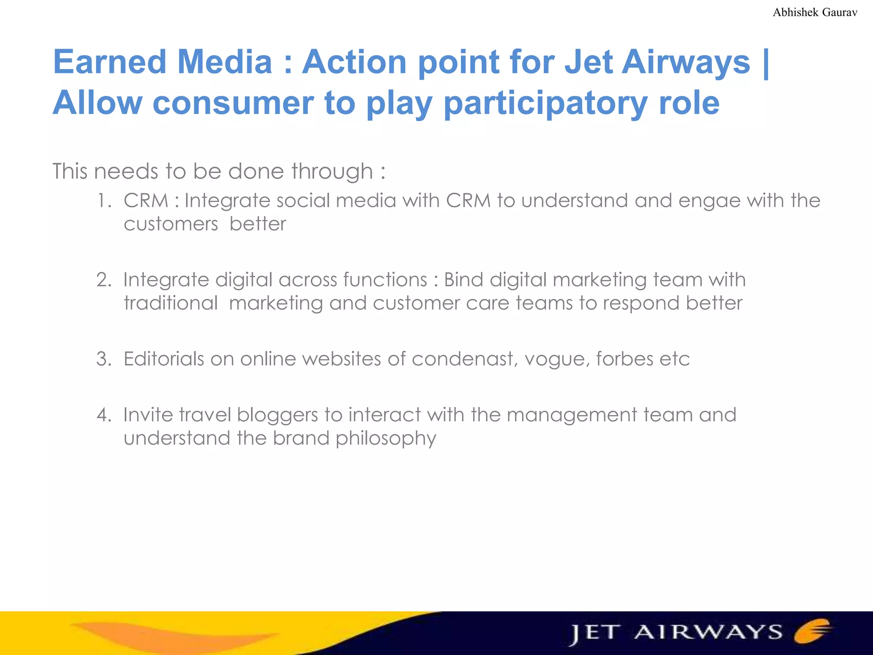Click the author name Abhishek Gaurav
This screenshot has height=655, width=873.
(815, 12)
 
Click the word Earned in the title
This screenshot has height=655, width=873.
(109, 62)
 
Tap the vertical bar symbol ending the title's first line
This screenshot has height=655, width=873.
(766, 63)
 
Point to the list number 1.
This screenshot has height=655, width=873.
(104, 201)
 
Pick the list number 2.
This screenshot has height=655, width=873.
(104, 280)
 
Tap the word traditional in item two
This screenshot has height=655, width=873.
(171, 303)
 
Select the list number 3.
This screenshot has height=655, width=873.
(104, 359)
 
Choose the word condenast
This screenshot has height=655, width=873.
(464, 359)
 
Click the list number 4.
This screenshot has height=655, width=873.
(104, 415)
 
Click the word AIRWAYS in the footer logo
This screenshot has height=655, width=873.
(708, 632)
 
